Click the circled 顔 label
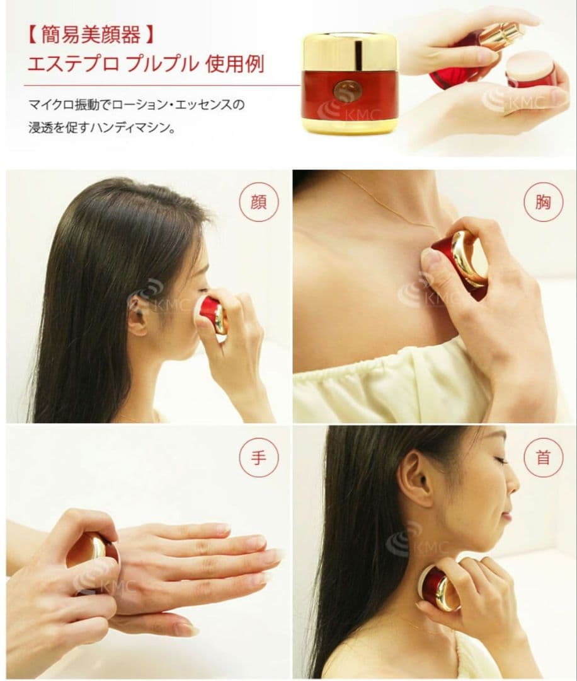click(258, 202)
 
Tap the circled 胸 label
click(543, 202)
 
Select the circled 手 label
click(258, 458)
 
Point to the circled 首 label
click(543, 458)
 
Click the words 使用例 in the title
click(235, 64)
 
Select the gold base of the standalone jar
click(339, 127)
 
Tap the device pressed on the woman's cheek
click(210, 314)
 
